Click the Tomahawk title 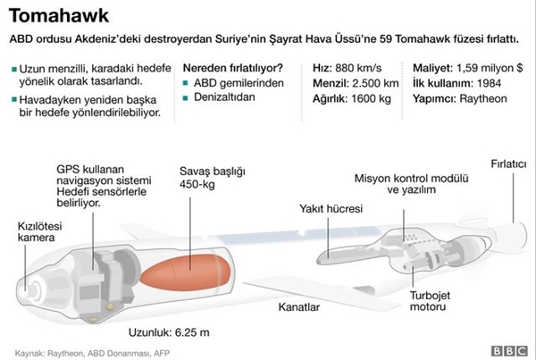[59, 16]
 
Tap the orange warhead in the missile [187, 272]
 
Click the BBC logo [509, 351]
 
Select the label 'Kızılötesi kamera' [39, 231]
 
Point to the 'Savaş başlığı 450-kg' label [213, 178]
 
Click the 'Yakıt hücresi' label [331, 208]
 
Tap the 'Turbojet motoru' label [430, 301]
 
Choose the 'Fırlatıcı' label [508, 164]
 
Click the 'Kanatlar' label [299, 306]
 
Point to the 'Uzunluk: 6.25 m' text [169, 332]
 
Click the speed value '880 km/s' [358, 68]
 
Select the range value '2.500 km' [375, 83]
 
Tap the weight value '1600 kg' [372, 99]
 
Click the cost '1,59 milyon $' [490, 68]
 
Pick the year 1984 [490, 83]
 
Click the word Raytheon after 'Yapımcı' [483, 99]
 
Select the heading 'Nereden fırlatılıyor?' [233, 68]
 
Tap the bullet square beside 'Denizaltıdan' [185, 98]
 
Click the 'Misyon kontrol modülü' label [411, 179]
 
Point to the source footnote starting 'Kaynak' [92, 353]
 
